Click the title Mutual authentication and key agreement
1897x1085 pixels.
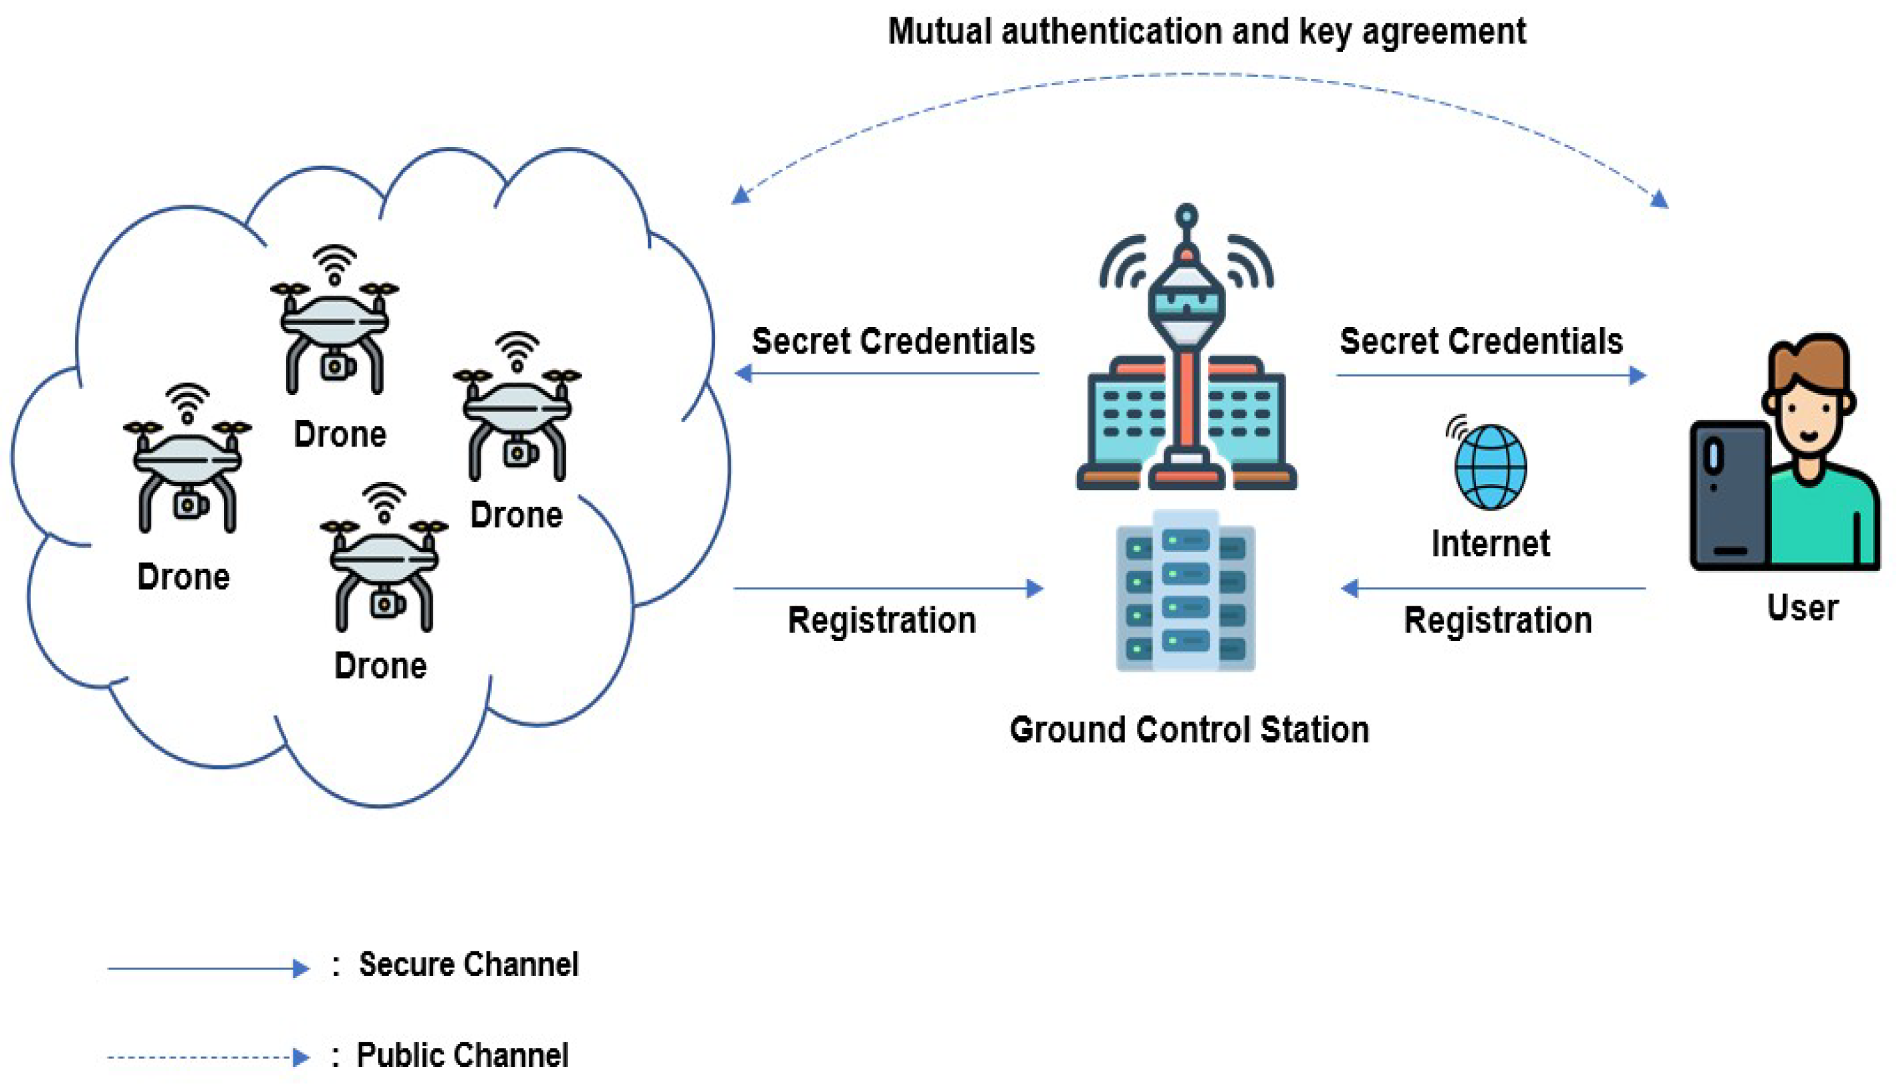click(1207, 32)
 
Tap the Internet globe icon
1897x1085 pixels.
click(1490, 467)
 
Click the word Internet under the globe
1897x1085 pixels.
click(1490, 544)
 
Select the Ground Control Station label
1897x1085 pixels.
click(1189, 729)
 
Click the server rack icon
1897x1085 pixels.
click(1185, 591)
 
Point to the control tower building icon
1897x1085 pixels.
click(1186, 372)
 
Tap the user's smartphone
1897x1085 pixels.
click(1729, 495)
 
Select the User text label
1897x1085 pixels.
click(1801, 607)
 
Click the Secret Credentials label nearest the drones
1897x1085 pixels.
click(892, 342)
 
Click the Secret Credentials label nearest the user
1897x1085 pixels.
click(1481, 342)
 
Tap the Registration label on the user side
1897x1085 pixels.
click(1498, 620)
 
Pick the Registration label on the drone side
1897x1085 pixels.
click(882, 620)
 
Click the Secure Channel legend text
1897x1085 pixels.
click(468, 964)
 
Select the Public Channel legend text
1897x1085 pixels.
click(462, 1055)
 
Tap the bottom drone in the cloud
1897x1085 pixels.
click(384, 566)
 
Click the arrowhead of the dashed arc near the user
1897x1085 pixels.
click(1658, 199)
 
